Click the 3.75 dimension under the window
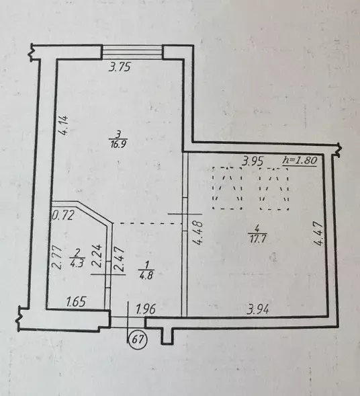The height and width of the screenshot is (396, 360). click(120, 68)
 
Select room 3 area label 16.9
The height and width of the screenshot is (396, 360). click(118, 145)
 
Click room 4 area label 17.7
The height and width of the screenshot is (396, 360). click(257, 238)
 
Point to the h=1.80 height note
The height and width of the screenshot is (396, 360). click(300, 160)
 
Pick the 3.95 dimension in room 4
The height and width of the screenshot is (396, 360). click(253, 161)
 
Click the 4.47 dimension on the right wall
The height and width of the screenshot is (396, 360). click(318, 233)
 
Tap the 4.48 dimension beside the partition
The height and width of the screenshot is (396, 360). click(198, 233)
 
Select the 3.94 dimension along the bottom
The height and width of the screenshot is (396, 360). click(258, 310)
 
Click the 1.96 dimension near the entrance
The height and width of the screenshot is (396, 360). click(146, 309)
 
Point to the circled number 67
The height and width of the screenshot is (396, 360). click(138, 339)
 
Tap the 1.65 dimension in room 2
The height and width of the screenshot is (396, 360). click(77, 302)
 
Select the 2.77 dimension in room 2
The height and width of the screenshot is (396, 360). click(57, 258)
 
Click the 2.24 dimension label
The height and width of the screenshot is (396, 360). click(97, 255)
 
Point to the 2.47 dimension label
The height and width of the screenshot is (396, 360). click(120, 259)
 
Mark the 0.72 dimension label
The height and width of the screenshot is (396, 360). click(63, 215)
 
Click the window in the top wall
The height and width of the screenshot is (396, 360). click(132, 52)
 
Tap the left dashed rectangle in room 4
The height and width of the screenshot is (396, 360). click(228, 188)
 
